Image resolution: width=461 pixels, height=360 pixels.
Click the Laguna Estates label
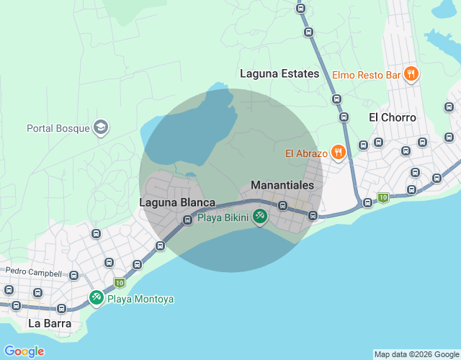click(279, 73)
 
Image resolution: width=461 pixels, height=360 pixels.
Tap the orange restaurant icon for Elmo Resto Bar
click(411, 73)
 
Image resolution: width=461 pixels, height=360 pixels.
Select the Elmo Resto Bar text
click(366, 74)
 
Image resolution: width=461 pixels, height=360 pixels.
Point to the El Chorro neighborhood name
click(393, 117)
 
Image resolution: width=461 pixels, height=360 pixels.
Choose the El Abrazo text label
click(307, 153)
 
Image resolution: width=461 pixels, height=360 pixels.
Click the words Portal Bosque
click(58, 129)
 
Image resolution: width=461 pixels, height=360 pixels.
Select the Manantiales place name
click(282, 185)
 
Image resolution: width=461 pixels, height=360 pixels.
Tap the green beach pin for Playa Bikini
click(259, 216)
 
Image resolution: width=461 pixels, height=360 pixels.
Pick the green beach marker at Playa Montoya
click(97, 297)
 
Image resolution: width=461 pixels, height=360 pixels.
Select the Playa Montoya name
click(140, 299)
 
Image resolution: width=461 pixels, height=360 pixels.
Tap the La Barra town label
click(50, 323)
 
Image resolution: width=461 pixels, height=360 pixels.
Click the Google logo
click(24, 351)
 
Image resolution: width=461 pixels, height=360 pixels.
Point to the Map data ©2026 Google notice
click(416, 354)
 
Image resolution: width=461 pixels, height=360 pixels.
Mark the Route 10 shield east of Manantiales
click(383, 197)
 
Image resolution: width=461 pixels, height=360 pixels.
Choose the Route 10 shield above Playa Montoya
click(119, 282)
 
